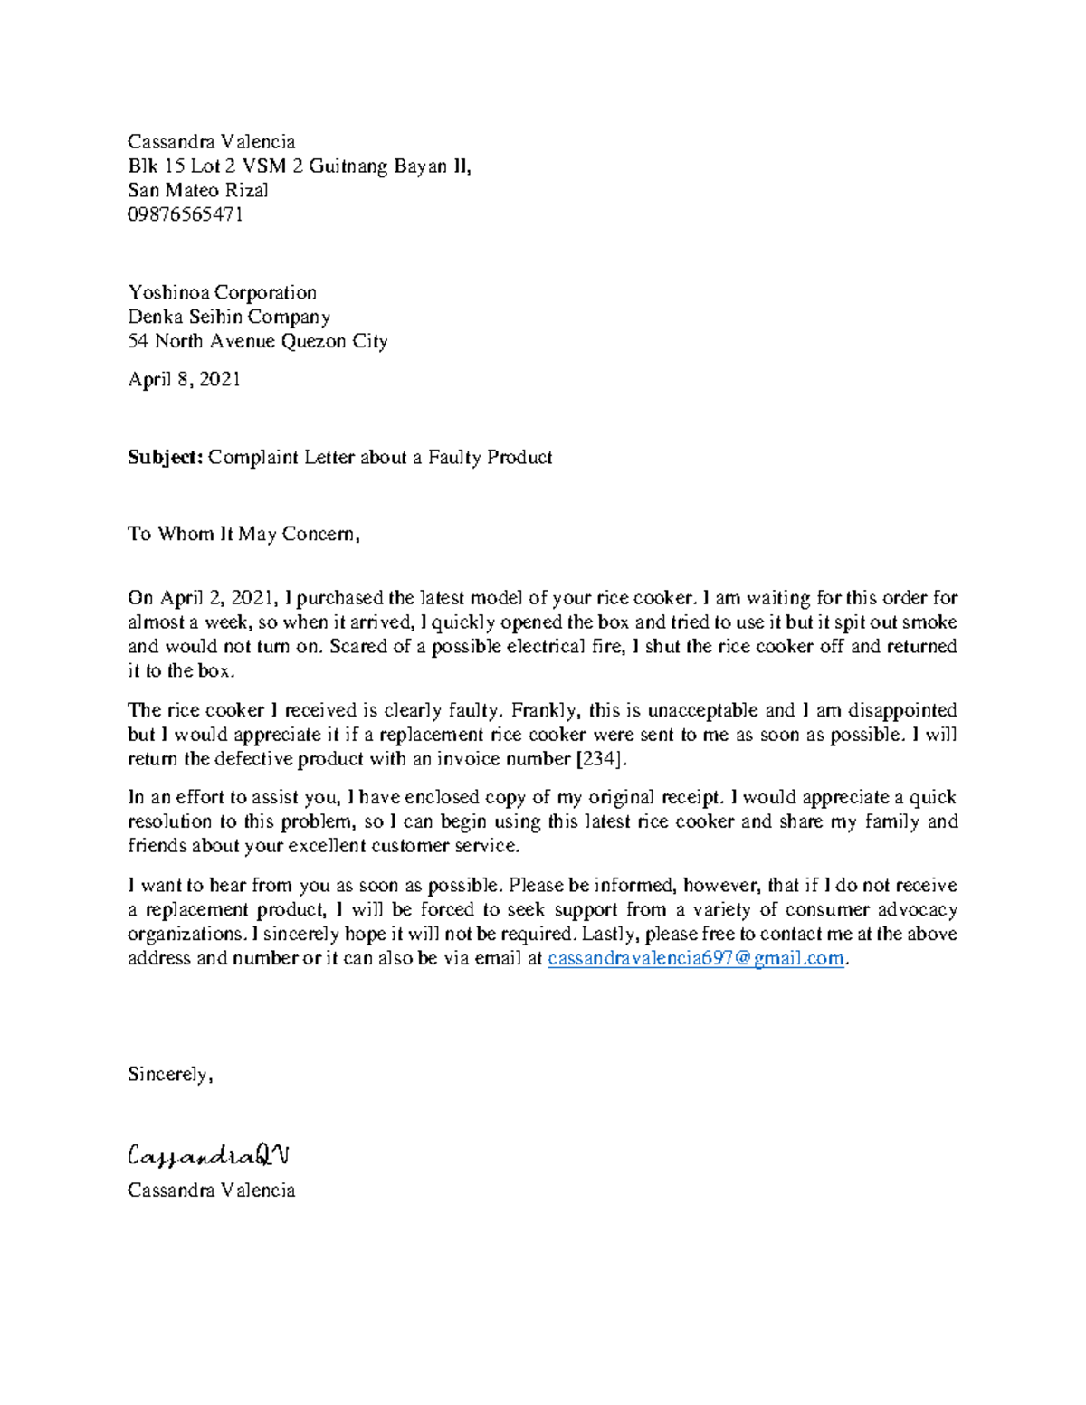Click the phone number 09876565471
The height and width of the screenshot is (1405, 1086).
[x=186, y=214]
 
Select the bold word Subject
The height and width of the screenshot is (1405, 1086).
[x=166, y=457]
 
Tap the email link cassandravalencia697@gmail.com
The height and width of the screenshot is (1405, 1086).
[x=697, y=958]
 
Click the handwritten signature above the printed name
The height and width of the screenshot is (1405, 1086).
[x=208, y=1155]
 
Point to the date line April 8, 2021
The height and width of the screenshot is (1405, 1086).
[x=185, y=379]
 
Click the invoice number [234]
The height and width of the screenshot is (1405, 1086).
[x=600, y=758]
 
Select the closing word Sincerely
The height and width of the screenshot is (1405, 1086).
[x=169, y=1075]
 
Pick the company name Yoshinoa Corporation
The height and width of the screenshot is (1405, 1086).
[x=222, y=292]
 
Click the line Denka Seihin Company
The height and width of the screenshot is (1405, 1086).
[x=229, y=317]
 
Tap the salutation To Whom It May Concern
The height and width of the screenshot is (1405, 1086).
[x=243, y=534]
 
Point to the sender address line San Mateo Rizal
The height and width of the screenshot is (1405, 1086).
[x=198, y=190]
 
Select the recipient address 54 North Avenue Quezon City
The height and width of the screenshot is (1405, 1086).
[x=258, y=341]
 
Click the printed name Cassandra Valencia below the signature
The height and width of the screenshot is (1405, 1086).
[x=212, y=1190]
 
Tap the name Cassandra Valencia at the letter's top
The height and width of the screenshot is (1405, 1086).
[x=212, y=141]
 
